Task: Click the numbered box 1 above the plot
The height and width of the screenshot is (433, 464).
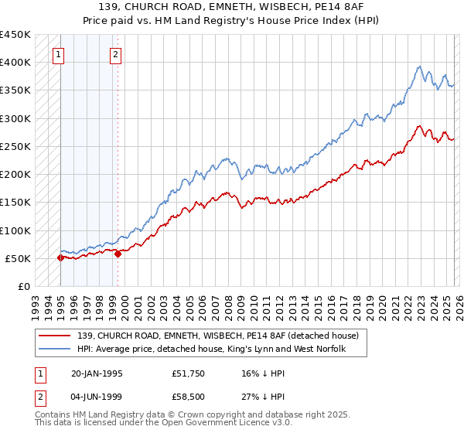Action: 60,54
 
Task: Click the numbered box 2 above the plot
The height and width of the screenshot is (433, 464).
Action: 115,54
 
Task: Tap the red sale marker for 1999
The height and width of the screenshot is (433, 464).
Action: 118,254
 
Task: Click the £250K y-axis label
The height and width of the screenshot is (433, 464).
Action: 15,146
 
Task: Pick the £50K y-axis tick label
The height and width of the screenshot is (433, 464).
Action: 19,258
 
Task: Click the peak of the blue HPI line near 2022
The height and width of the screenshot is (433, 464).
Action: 418,66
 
